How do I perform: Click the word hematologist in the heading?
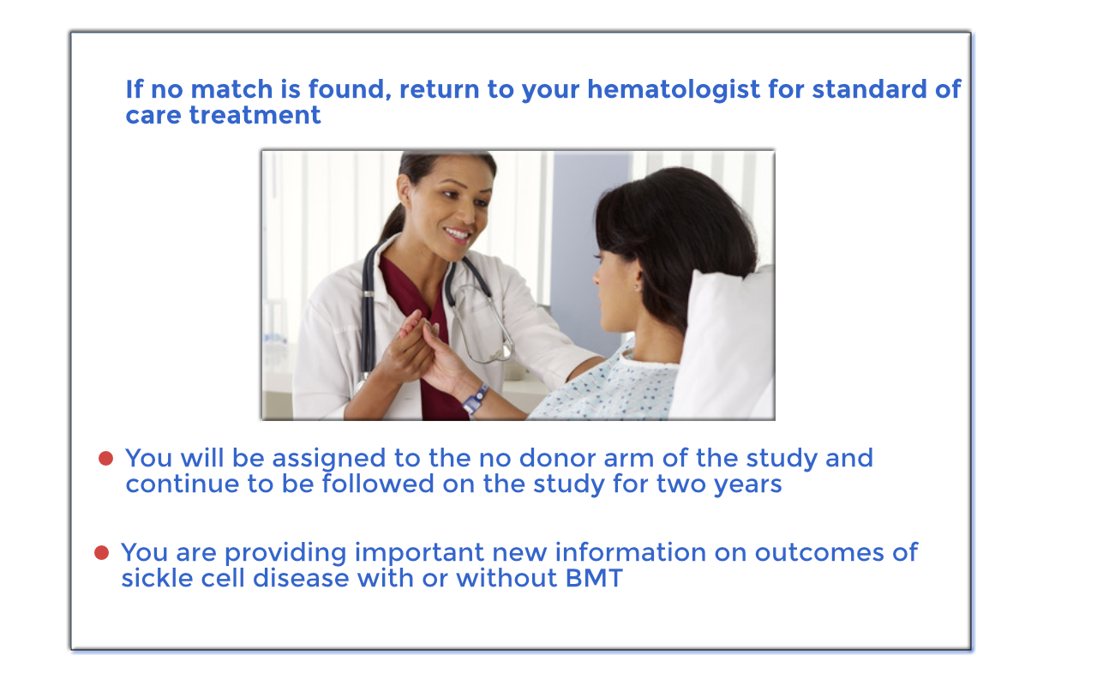674,90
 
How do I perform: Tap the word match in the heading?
231,89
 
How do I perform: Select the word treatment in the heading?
255,116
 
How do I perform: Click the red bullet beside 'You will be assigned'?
105,459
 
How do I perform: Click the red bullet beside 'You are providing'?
101,553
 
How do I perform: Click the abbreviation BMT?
594,578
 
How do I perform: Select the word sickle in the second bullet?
157,578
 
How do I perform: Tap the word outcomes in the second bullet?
819,553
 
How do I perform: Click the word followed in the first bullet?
378,484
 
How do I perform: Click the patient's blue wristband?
475,399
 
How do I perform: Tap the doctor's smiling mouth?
457,233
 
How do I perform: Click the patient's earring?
636,286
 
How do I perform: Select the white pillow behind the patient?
724,343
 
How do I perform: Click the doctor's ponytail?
393,220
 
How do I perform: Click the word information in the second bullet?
631,553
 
